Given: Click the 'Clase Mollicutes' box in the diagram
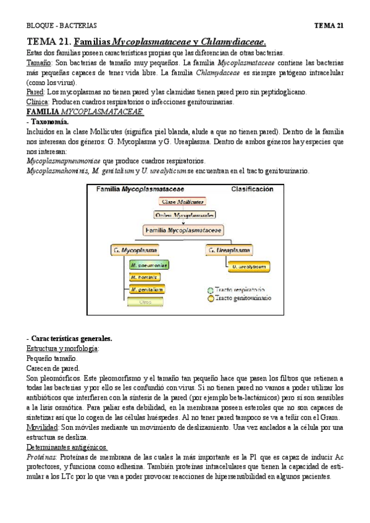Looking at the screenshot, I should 183,202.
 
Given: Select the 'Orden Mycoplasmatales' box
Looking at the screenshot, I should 183,215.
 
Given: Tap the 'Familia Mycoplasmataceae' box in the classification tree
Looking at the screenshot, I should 183,229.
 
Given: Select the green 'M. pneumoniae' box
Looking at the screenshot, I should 149,265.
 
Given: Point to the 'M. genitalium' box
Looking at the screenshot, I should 149,289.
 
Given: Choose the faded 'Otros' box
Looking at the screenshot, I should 146,302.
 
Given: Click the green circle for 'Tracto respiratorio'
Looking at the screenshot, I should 210,289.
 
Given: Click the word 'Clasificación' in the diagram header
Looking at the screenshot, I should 251,189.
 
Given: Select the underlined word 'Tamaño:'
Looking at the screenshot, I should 39,63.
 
